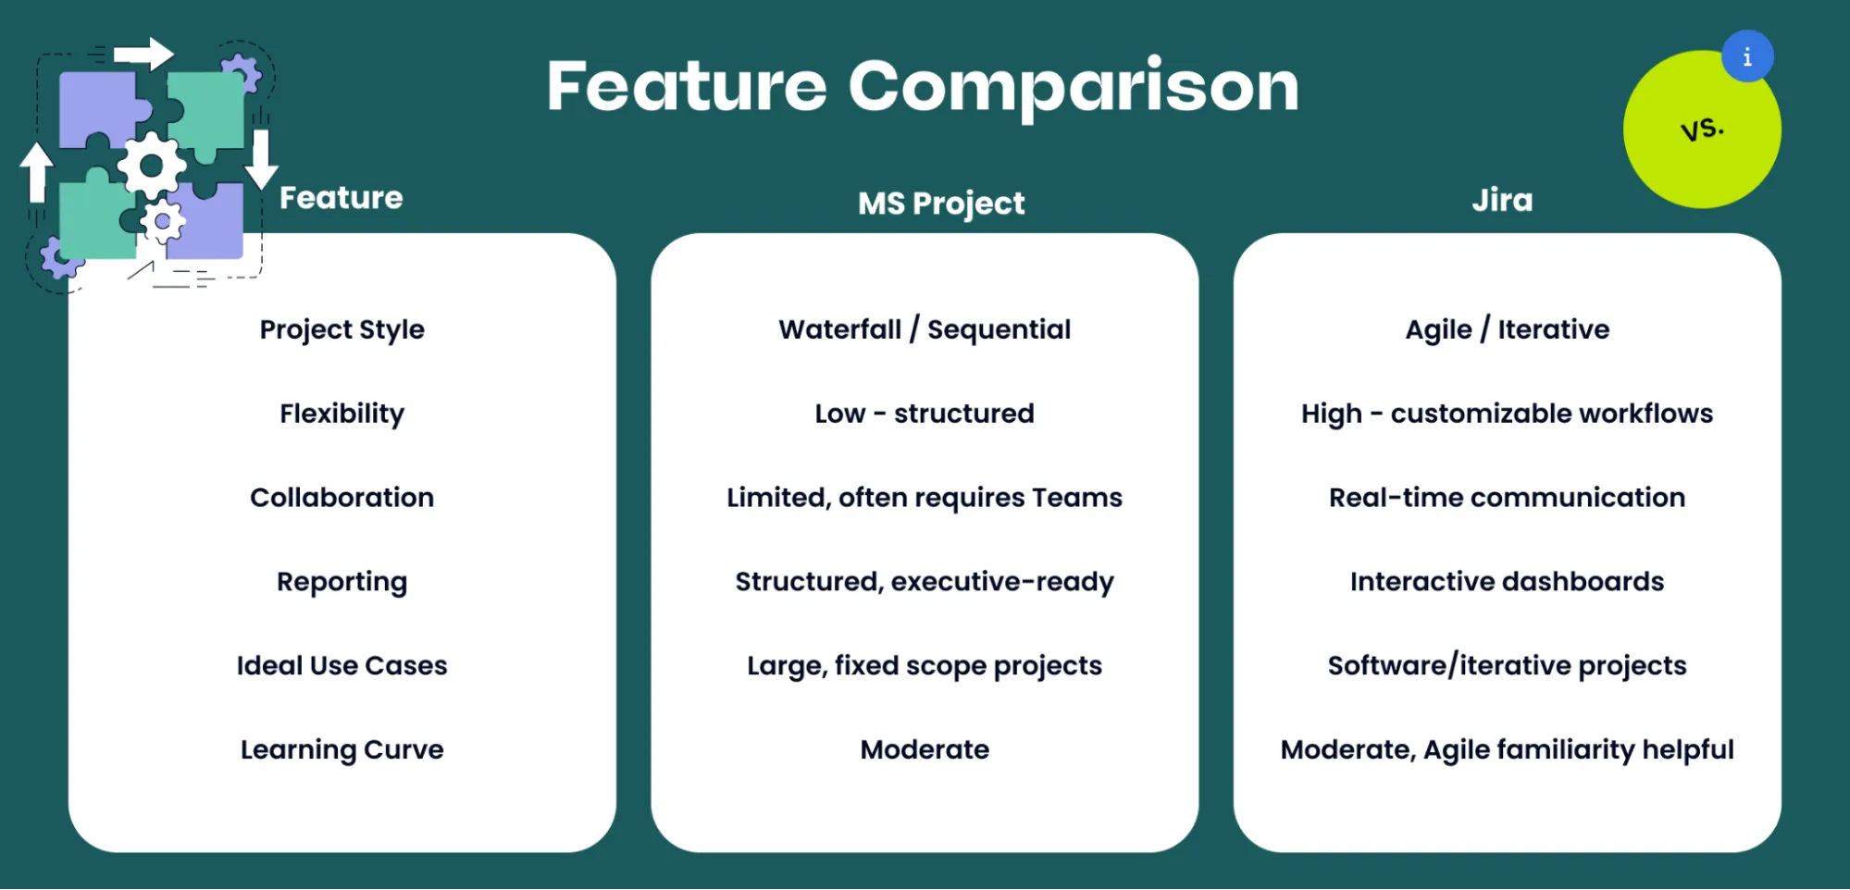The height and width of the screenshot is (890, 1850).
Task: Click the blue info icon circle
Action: click(1747, 56)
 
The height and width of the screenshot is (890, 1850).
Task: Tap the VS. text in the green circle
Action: click(1702, 129)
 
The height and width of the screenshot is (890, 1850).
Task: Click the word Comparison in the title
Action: click(1074, 87)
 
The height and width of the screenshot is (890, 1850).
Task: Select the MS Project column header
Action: click(941, 204)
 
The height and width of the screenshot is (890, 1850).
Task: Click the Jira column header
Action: click(1502, 201)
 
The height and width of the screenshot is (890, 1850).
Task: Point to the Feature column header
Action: click(341, 198)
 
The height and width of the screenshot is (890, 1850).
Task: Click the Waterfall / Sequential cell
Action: click(925, 329)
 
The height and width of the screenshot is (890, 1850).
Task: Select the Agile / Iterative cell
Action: click(1507, 329)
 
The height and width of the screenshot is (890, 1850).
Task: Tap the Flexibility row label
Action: click(341, 414)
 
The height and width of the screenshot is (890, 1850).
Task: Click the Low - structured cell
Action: click(925, 414)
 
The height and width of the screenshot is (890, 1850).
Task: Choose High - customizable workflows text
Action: click(1507, 414)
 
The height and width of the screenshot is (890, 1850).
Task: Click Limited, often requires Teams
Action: click(925, 498)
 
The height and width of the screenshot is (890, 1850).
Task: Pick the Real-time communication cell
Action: click(1507, 498)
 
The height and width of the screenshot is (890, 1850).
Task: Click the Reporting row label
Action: click(341, 582)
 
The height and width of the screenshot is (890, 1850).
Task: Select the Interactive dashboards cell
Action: click(1507, 582)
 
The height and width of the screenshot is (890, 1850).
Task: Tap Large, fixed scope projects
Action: click(925, 666)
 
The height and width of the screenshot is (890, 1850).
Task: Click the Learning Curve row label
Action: click(341, 749)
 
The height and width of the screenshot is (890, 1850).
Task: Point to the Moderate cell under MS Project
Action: click(925, 749)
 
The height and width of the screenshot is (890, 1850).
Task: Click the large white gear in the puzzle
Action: click(151, 166)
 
